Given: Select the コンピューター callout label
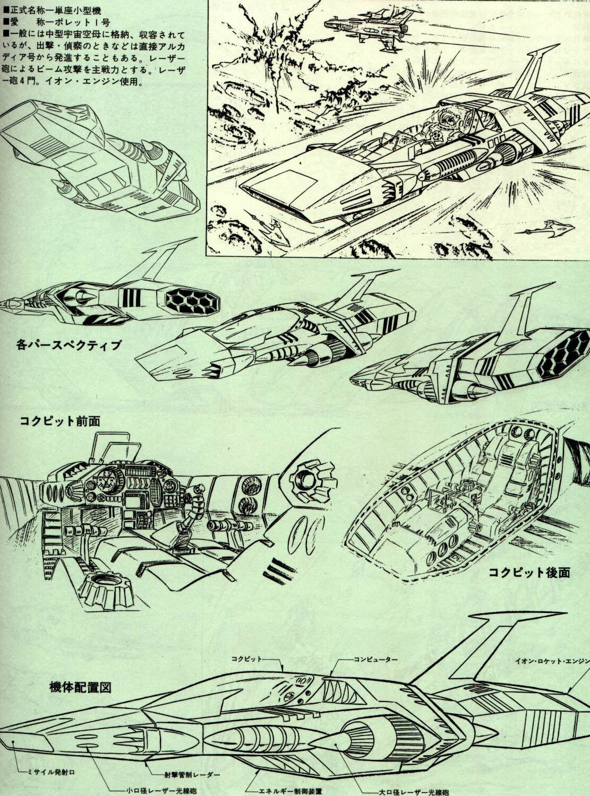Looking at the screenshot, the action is (377, 659).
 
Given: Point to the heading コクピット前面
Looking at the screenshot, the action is (59, 421).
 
